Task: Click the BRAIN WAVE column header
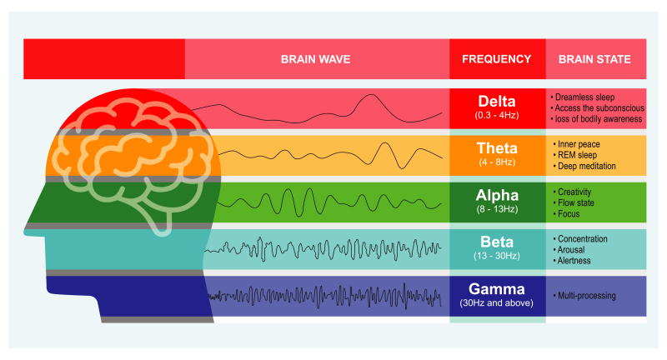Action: coord(316,59)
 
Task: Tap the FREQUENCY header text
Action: coord(496,59)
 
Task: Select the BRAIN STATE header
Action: coord(594,59)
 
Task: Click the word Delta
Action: coord(497,101)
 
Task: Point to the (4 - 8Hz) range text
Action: coord(497,162)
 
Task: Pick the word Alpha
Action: coord(497,195)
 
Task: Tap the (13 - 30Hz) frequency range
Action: coord(497,256)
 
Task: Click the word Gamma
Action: coord(496,289)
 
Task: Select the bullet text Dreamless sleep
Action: coord(584,97)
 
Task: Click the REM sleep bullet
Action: coord(577,155)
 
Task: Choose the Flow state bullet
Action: coord(575,202)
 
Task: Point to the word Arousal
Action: coord(571,250)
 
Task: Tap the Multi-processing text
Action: coord(587,295)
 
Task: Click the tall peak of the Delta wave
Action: coord(371,95)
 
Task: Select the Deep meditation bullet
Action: coord(587,166)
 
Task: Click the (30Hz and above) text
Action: coord(496,303)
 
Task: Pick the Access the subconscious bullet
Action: coord(599,108)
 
